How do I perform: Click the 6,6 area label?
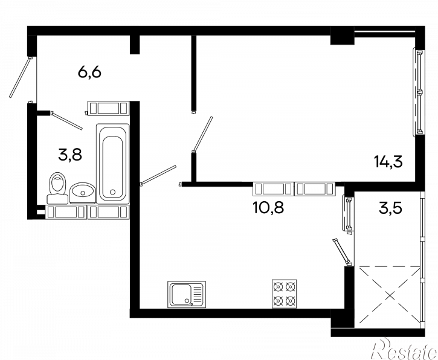[x=89, y=72]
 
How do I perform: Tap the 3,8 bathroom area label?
[x=70, y=155]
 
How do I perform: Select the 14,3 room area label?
[x=388, y=162]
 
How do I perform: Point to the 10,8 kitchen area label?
[x=268, y=208]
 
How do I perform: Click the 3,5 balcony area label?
[x=390, y=208]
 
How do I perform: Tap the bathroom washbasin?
[x=82, y=193]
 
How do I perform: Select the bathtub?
[x=112, y=162]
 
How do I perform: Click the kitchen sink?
[x=187, y=294]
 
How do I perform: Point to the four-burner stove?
[x=285, y=294]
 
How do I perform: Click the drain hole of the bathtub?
[x=112, y=192]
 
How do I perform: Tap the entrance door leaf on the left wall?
[x=20, y=77]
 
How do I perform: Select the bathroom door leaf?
[x=67, y=121]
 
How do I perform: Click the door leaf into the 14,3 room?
[x=202, y=134]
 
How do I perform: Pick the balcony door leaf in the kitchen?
[x=341, y=251]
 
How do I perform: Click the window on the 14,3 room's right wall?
[x=419, y=92]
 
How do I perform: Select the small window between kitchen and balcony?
[x=348, y=214]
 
